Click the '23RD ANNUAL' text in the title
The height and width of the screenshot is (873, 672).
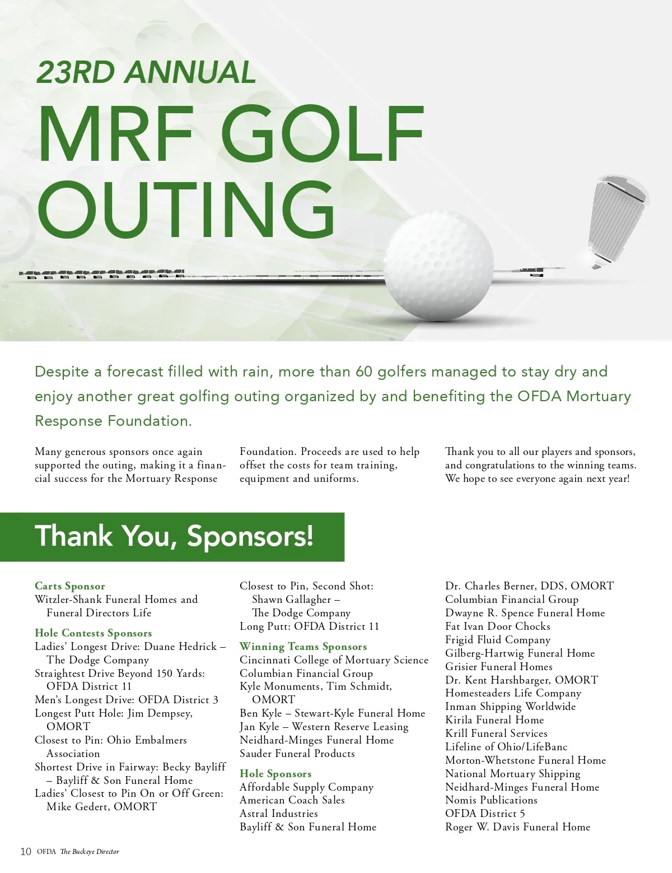[146, 72]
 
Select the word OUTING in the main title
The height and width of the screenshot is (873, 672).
[186, 210]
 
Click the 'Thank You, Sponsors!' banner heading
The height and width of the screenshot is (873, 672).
[174, 536]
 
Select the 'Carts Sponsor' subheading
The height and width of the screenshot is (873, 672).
[70, 586]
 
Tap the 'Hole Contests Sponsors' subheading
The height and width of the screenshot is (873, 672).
[93, 633]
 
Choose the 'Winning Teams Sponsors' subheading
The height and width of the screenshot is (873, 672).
[303, 647]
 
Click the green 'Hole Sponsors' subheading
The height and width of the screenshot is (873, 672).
[276, 774]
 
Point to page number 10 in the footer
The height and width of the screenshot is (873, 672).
[26, 852]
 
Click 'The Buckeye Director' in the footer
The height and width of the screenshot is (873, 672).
[90, 852]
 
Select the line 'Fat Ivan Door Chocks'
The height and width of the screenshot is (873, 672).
[497, 626]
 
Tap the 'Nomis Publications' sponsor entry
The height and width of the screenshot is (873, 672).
[491, 800]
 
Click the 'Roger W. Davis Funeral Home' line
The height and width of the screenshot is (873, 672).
[517, 827]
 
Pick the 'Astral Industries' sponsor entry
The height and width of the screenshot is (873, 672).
[278, 814]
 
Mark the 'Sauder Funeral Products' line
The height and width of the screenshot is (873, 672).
[297, 754]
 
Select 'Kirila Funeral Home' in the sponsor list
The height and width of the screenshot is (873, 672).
[494, 720]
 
